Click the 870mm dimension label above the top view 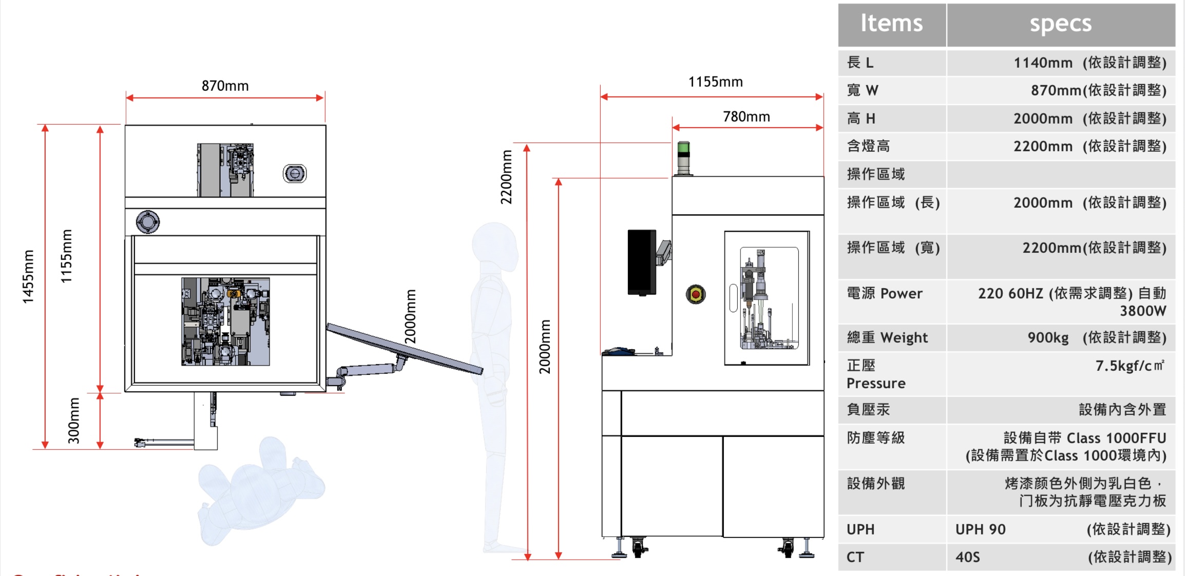pos(225,86)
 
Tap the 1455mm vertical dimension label pos(28,276)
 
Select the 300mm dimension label pos(74,421)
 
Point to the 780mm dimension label pos(746,117)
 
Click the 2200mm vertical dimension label pos(506,177)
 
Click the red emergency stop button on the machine pos(696,294)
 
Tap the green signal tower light pos(683,148)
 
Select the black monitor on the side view pos(642,262)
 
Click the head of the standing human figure pos(495,247)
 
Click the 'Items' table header pos(891,24)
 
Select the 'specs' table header pos(1060,24)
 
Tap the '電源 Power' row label pos(884,293)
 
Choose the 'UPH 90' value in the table pos(980,529)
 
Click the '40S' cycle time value pos(967,557)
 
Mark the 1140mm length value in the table pos(1043,63)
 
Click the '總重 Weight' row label pos(887,337)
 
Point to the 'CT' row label pos(855,557)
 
